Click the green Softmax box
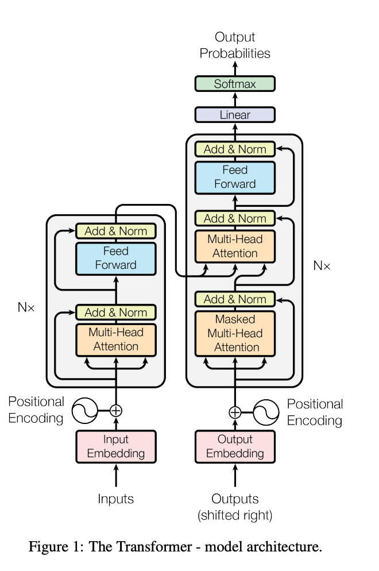coord(235,84)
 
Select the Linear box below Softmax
coord(235,115)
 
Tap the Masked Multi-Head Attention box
coord(235,333)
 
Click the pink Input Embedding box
coord(116,446)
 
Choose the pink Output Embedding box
coord(235,446)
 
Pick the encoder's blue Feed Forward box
coord(116,258)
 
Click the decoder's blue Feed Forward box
coord(235,177)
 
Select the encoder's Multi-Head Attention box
coord(116,339)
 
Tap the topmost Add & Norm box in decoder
coord(235,149)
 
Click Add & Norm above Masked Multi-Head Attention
coord(235,299)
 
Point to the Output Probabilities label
coord(235,45)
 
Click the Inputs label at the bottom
coord(116,499)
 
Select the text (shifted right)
coord(235,515)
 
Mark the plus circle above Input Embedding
coord(116,410)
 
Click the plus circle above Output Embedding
coord(235,412)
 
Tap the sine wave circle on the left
coord(84,410)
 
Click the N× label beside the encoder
coord(26,307)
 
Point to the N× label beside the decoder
coord(322,265)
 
